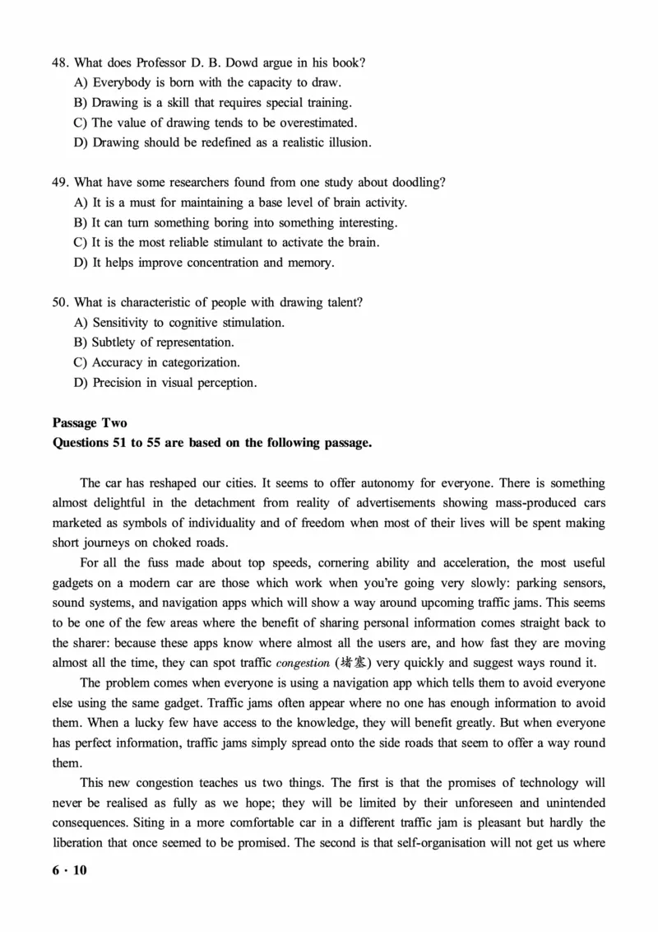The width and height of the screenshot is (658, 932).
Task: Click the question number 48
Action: click(60, 63)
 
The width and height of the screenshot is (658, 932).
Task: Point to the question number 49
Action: click(60, 182)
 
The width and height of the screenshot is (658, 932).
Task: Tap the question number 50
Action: click(60, 302)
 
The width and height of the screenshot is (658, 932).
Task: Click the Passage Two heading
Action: click(90, 423)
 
